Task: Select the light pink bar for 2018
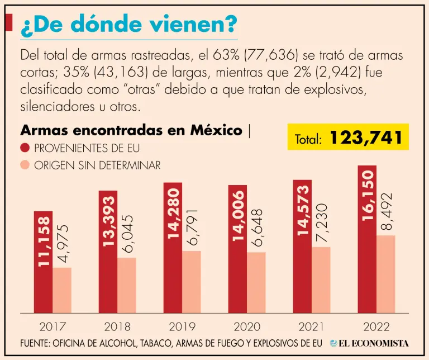127,285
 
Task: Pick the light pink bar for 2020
256,282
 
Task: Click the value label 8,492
385,213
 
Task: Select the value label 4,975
63,244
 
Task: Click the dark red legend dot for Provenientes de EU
25,148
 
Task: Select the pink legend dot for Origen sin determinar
25,165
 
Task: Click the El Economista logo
369,343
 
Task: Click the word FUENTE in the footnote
35,343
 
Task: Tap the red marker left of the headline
8,23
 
